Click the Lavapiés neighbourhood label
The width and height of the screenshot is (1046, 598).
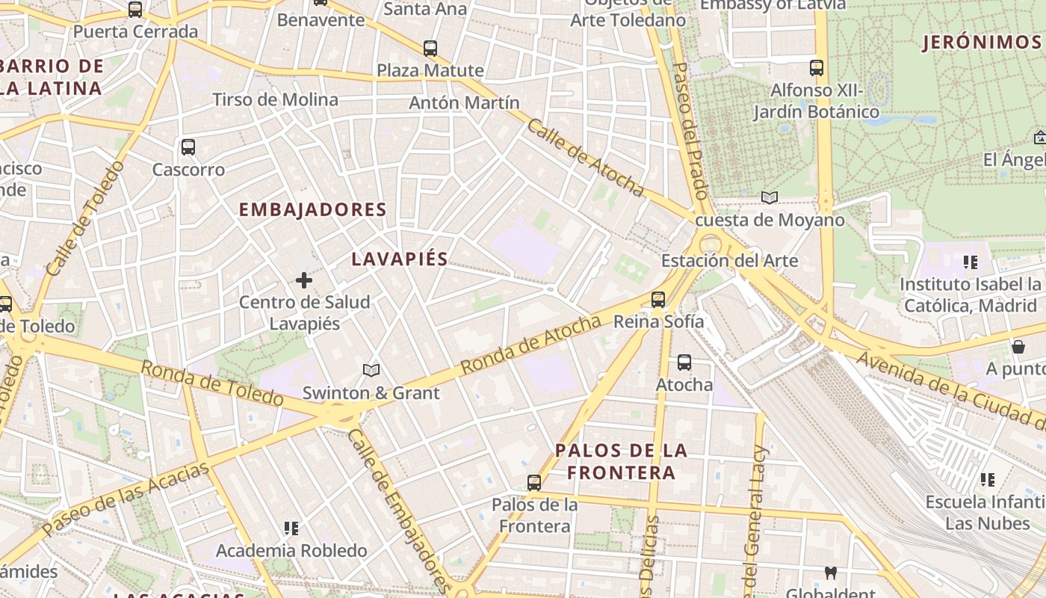tap(400, 259)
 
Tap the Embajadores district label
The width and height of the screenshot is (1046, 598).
tap(312, 210)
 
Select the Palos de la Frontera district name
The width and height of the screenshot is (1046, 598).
tap(621, 461)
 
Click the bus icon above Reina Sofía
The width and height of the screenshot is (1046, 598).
tap(658, 299)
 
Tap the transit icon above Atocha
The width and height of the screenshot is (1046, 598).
tap(684, 363)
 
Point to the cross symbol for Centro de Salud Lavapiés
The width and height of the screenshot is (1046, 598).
tap(304, 280)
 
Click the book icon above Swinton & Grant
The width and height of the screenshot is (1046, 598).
tap(371, 370)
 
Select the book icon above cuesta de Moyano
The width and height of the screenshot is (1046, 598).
tap(769, 197)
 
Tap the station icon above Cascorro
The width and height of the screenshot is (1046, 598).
tap(188, 147)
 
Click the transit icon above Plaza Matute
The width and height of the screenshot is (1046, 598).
tap(430, 49)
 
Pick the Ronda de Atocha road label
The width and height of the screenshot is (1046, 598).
tap(530, 345)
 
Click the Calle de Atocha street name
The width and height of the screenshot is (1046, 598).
tap(585, 158)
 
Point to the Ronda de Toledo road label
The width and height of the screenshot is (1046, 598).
tap(212, 383)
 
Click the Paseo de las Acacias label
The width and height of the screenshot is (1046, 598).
tap(126, 499)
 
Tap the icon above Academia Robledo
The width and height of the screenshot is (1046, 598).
tap(291, 528)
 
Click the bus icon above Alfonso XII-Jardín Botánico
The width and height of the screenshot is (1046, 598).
tap(817, 68)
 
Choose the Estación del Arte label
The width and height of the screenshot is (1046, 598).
tap(729, 261)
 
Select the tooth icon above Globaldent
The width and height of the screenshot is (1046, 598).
tap(830, 573)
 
